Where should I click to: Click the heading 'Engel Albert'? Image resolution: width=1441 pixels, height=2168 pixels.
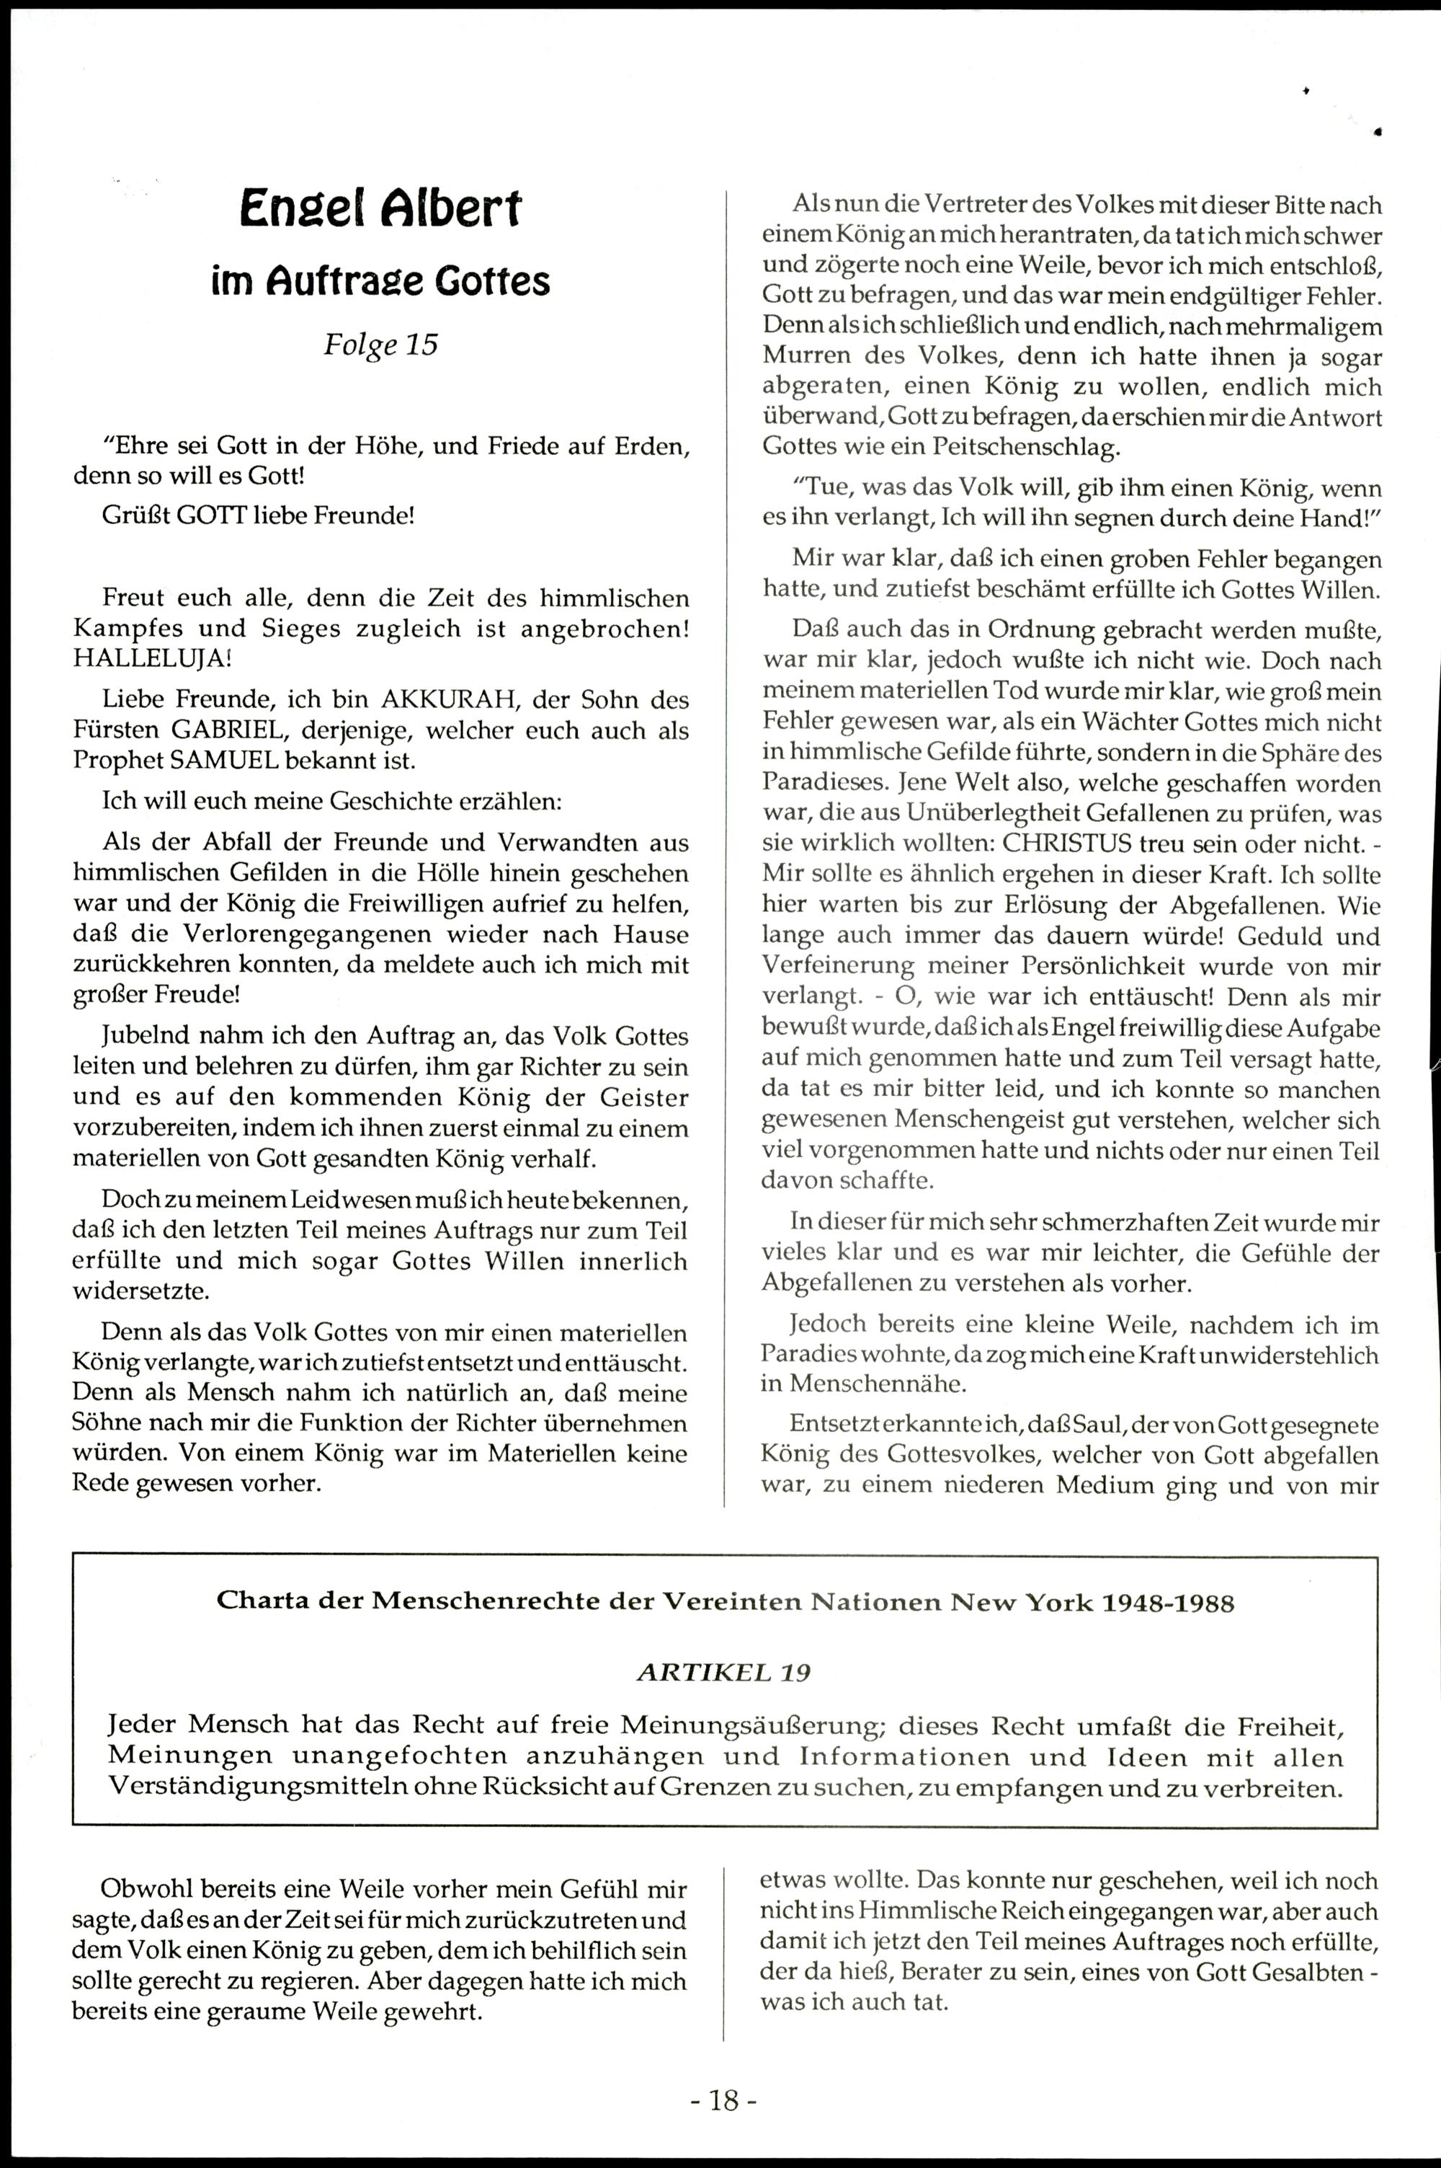tap(380, 210)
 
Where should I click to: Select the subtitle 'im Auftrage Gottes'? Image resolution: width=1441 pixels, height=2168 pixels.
tap(380, 280)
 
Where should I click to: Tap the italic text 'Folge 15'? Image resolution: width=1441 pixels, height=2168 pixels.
tap(380, 344)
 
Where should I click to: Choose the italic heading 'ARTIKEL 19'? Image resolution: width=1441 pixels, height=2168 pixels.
tap(723, 1673)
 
